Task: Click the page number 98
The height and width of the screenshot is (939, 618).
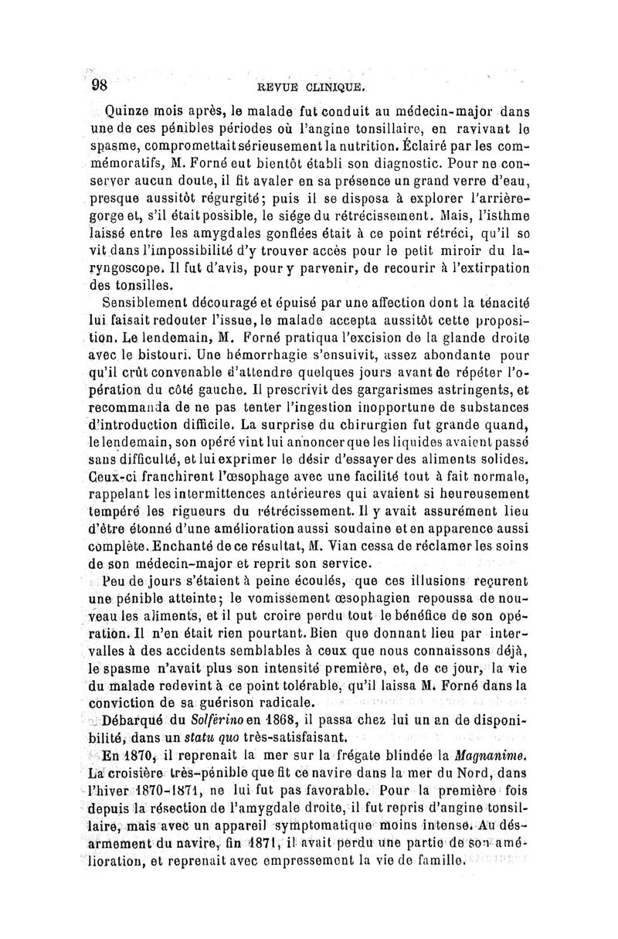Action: (x=101, y=83)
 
